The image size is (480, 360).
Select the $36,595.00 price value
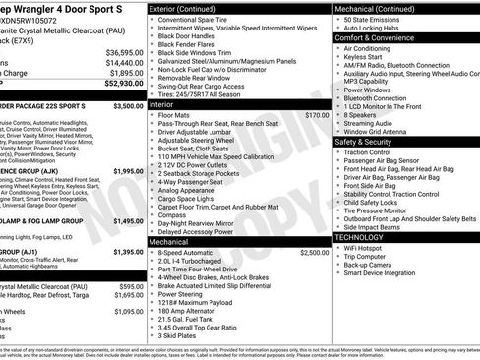(x=124, y=52)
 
